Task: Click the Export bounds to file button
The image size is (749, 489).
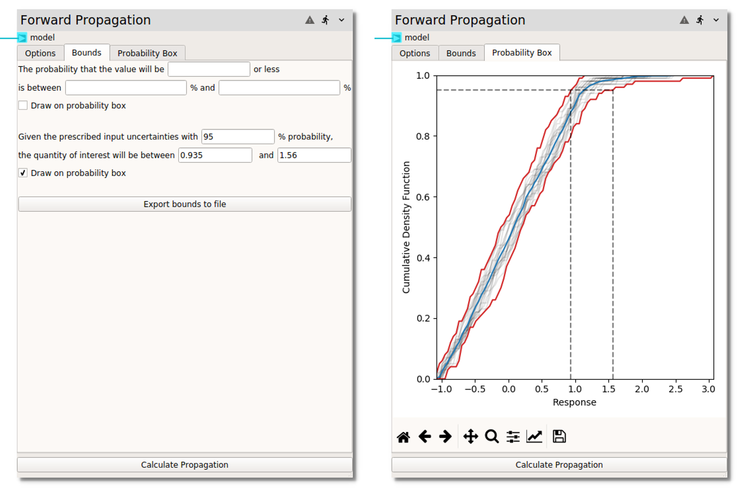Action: (x=184, y=204)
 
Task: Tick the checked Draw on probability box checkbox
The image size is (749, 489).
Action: (x=23, y=173)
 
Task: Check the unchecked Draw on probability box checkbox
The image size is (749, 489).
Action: (x=23, y=105)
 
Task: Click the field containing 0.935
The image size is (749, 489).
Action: (x=215, y=155)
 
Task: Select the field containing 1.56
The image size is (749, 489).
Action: (x=314, y=155)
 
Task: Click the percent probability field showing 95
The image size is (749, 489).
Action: (x=238, y=136)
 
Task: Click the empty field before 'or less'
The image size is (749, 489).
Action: (x=209, y=69)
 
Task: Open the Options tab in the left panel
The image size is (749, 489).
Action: (x=40, y=53)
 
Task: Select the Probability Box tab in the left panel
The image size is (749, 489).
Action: (x=147, y=53)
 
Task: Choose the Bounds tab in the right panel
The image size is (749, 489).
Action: (x=461, y=53)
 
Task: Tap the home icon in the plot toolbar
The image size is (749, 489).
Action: (x=403, y=437)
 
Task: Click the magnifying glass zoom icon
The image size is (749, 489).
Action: (x=492, y=437)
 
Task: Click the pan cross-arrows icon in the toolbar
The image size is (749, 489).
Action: (x=470, y=437)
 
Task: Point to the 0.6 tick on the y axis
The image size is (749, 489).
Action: (x=423, y=197)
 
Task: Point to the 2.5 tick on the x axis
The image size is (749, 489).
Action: (x=675, y=389)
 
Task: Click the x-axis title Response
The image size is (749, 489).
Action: (x=574, y=402)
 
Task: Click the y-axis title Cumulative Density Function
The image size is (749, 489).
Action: (x=406, y=227)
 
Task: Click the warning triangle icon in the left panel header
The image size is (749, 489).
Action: (x=310, y=20)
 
